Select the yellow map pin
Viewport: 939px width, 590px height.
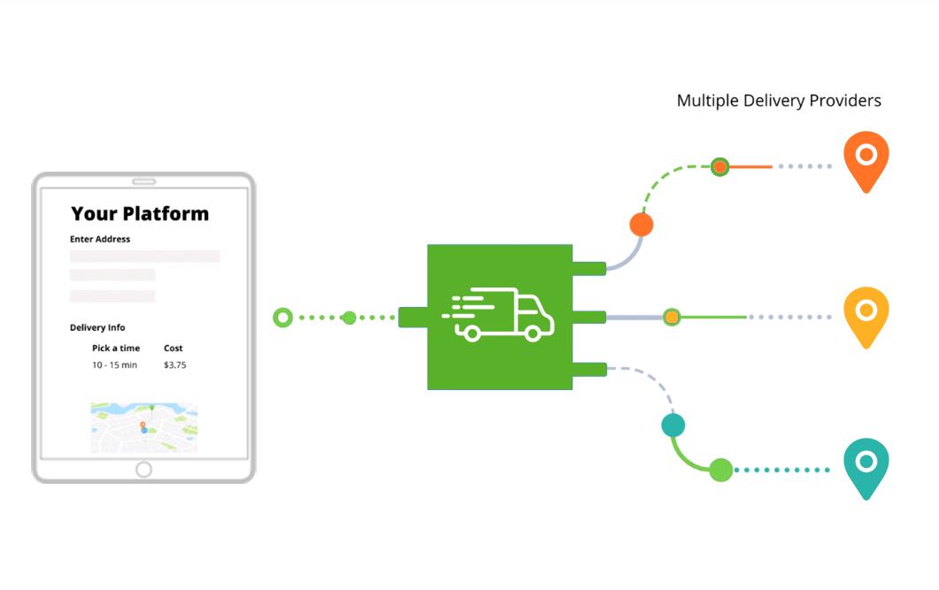click(x=866, y=314)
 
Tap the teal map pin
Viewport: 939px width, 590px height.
click(x=866, y=465)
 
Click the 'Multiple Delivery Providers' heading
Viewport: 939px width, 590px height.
click(x=779, y=101)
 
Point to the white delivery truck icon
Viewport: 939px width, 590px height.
click(x=499, y=315)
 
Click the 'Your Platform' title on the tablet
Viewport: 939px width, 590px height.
click(x=140, y=213)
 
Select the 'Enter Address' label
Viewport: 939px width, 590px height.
click(x=100, y=239)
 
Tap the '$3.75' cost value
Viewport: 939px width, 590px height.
click(x=175, y=365)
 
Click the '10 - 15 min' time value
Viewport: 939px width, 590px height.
click(x=114, y=365)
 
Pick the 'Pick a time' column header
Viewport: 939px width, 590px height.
click(x=116, y=349)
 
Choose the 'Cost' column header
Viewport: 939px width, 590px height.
click(x=173, y=349)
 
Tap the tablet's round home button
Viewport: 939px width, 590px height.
click(x=143, y=470)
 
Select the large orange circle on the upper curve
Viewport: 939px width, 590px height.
click(x=642, y=225)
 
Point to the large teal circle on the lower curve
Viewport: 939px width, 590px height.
click(x=673, y=425)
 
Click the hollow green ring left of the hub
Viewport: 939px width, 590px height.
click(x=282, y=317)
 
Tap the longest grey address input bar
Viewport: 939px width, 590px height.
click(x=145, y=257)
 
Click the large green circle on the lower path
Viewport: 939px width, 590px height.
click(x=720, y=470)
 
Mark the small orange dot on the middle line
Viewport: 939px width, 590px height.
click(x=672, y=317)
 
